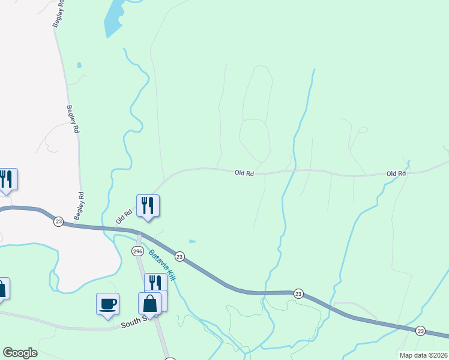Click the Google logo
click(x=20, y=353)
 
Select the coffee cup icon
click(x=108, y=304)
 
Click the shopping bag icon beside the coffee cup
click(x=149, y=304)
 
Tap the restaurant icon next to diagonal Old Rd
click(x=147, y=206)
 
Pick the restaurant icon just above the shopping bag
click(x=155, y=283)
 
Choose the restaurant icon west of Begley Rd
click(x=7, y=179)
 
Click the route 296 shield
click(x=137, y=251)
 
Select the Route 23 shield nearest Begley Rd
click(x=58, y=221)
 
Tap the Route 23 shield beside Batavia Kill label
click(x=179, y=256)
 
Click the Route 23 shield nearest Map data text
click(x=421, y=331)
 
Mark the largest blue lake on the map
click(x=114, y=17)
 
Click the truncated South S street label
click(x=133, y=322)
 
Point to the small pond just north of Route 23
click(x=191, y=241)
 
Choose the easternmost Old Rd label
click(x=396, y=173)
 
